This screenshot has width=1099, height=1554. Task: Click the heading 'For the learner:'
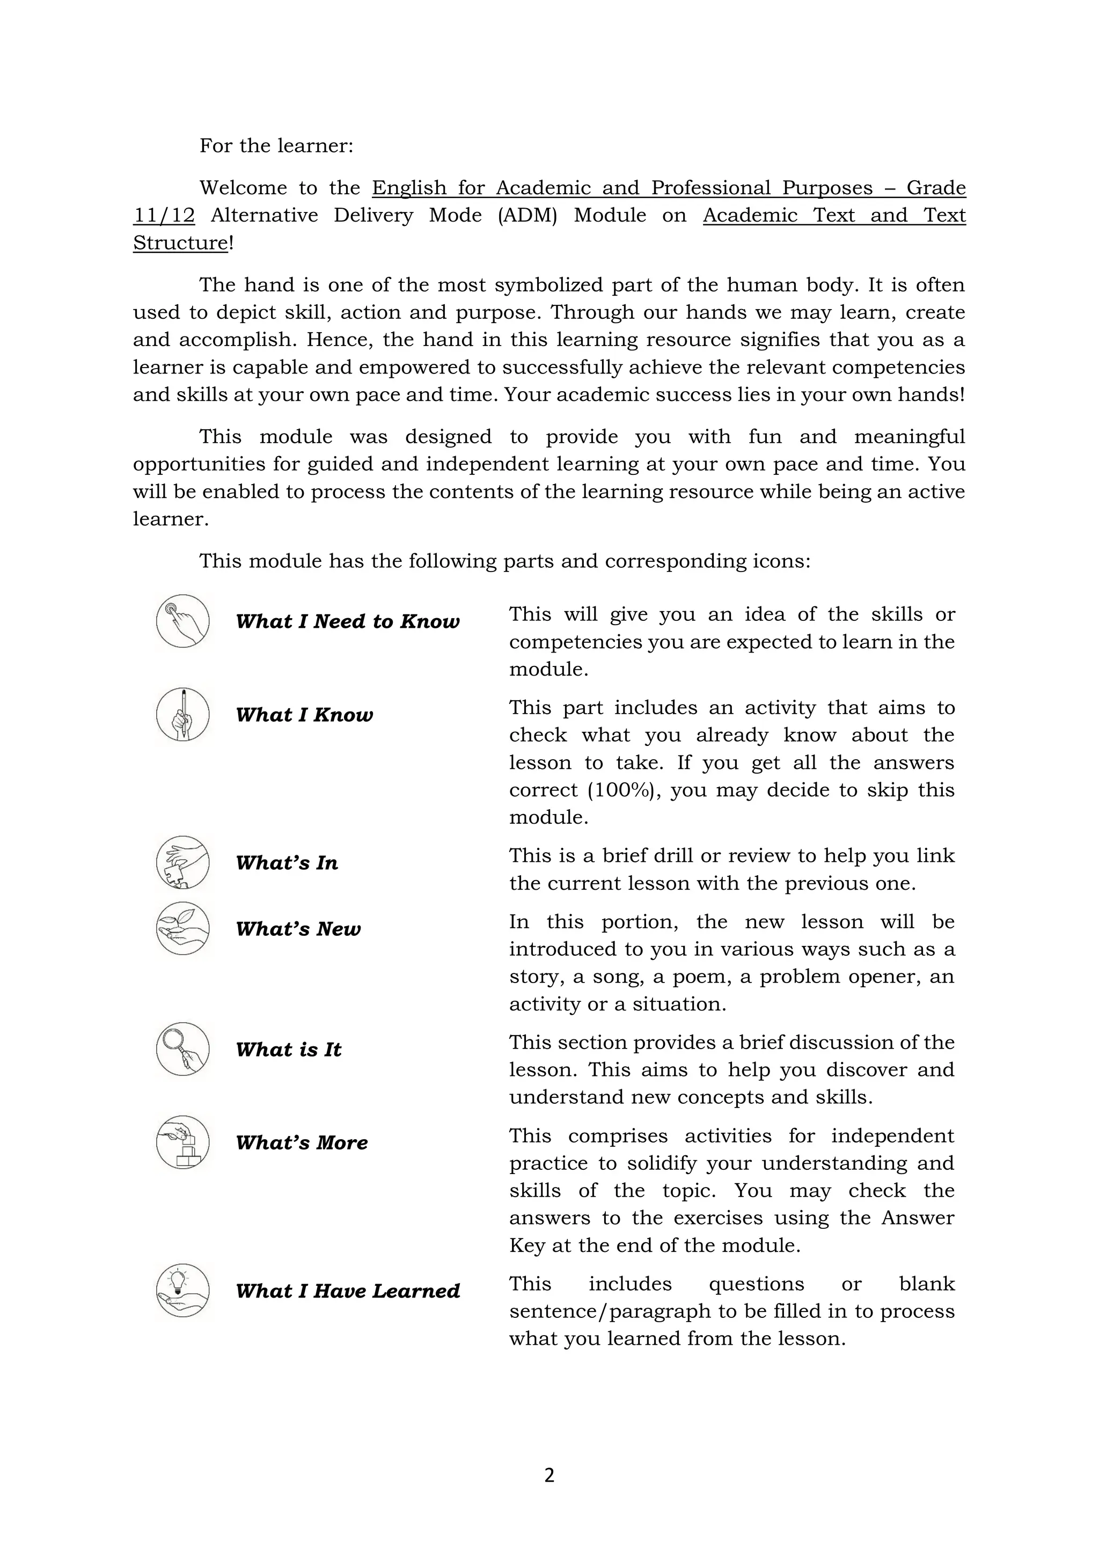(x=276, y=145)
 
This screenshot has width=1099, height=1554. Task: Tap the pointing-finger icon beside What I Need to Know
(x=182, y=621)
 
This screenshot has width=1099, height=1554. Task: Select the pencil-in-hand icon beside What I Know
(x=182, y=715)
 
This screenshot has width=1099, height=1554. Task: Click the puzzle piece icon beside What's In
(x=182, y=862)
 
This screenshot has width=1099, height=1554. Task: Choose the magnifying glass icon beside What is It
(x=182, y=1049)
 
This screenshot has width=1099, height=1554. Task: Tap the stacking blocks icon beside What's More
(x=182, y=1142)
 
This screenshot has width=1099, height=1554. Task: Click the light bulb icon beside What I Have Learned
(x=182, y=1291)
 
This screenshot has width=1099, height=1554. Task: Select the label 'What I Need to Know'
(x=347, y=621)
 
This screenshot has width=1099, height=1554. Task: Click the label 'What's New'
(x=298, y=929)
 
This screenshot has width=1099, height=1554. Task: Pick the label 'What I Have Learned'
(x=347, y=1291)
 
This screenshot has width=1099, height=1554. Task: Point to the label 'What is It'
(x=288, y=1050)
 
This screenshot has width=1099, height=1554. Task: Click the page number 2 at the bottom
(x=549, y=1476)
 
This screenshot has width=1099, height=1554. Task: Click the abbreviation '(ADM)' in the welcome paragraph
(x=526, y=215)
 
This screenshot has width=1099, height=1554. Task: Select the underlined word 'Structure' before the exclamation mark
(x=180, y=243)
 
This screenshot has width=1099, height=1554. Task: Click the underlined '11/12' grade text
(x=164, y=215)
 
